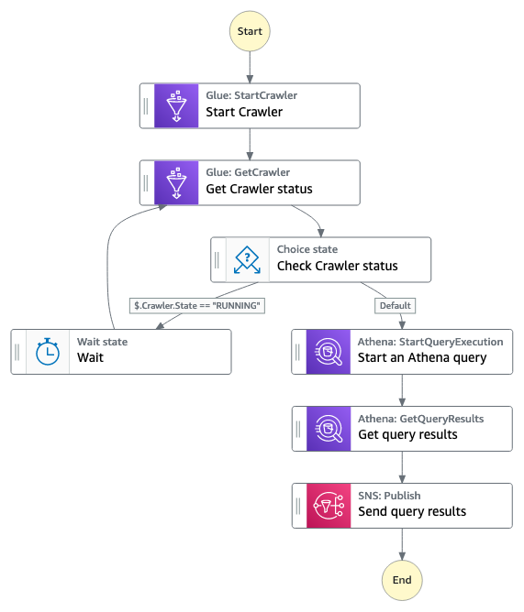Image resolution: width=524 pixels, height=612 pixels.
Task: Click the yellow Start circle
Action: tap(250, 31)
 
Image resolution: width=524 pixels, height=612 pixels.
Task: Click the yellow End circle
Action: tap(402, 580)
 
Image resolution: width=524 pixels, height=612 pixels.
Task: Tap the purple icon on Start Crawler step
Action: tap(176, 105)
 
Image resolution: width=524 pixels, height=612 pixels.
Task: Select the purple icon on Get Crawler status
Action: tap(176, 182)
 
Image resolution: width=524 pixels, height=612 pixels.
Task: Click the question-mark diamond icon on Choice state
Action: tap(247, 259)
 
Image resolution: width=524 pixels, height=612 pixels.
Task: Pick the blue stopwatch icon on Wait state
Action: tap(48, 352)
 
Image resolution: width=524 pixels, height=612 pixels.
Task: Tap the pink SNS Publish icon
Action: tap(329, 506)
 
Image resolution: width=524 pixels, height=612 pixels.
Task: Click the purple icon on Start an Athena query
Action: tap(329, 352)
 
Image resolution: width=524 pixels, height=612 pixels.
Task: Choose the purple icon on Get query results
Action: tap(329, 429)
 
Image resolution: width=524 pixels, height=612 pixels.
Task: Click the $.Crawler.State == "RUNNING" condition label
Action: tap(197, 306)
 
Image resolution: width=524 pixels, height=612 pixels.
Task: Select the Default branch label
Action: tap(395, 306)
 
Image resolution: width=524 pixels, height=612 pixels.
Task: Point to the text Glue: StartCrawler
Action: tap(251, 95)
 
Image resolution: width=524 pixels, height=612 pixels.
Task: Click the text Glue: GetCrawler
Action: tap(248, 172)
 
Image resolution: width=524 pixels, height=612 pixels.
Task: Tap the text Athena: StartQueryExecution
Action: tap(430, 342)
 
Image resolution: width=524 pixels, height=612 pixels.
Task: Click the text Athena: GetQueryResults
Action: tap(421, 419)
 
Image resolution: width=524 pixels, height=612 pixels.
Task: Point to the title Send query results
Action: tap(412, 511)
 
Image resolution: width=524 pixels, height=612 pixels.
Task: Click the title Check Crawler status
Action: tap(338, 266)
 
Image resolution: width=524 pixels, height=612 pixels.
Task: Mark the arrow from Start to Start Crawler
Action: tap(250, 67)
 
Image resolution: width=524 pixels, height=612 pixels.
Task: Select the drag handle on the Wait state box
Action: tap(17, 352)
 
